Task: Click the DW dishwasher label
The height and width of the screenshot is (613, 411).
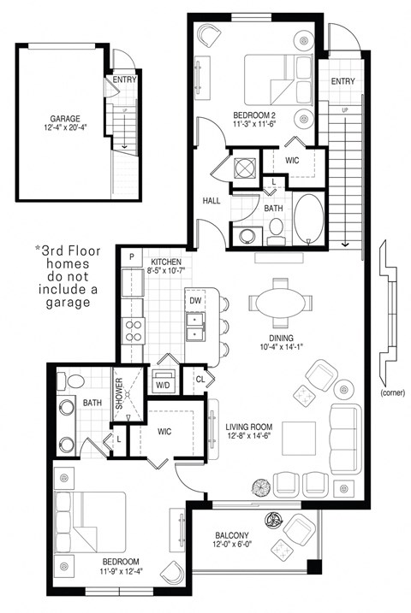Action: (195, 301)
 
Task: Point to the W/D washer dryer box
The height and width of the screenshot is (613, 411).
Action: (162, 386)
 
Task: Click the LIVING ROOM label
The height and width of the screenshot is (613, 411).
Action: (249, 427)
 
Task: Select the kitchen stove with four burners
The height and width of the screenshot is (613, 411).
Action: (134, 329)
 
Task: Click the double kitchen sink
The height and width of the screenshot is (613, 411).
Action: (195, 327)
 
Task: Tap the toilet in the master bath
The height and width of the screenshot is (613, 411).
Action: (73, 380)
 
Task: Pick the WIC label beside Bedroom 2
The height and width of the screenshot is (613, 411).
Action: (293, 160)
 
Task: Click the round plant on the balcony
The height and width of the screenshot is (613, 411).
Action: (276, 519)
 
